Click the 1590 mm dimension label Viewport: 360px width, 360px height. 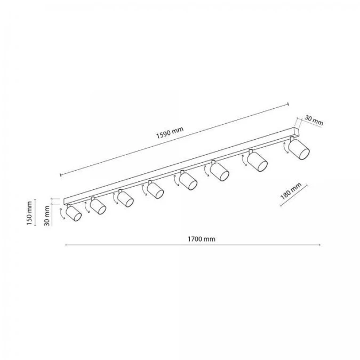[x=170, y=133]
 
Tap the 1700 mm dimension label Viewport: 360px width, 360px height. [x=202, y=239]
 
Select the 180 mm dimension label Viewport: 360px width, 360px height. [x=291, y=191]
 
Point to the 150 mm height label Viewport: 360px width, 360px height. [x=29, y=213]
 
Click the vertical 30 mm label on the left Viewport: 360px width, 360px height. [x=47, y=216]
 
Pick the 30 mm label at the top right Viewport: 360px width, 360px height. [x=314, y=121]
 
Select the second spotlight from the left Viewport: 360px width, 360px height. [x=98, y=206]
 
